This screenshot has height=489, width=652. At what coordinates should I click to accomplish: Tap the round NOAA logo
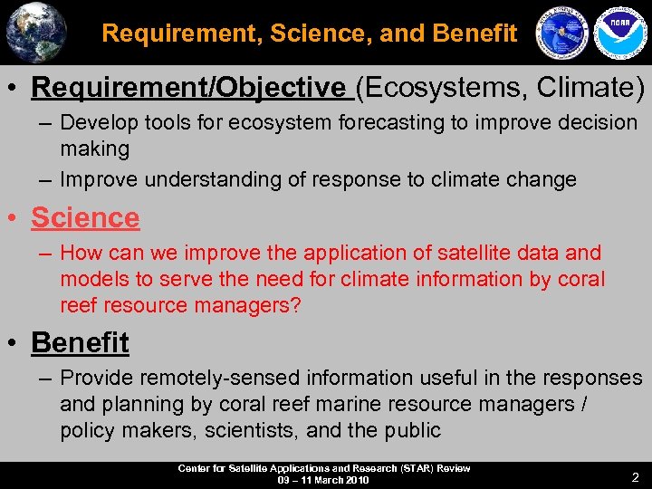tap(618, 33)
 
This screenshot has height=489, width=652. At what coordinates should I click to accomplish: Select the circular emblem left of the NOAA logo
tap(562, 33)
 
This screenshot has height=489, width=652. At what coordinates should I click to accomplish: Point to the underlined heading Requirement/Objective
tap(188, 88)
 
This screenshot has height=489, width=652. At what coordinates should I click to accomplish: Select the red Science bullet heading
tap(85, 217)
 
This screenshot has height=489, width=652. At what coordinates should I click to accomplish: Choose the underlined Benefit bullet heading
tap(80, 342)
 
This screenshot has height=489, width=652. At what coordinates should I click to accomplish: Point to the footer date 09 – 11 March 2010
tap(323, 480)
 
